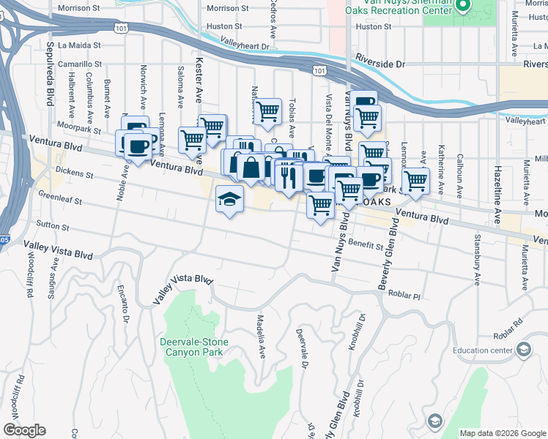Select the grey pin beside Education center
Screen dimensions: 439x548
(523, 350)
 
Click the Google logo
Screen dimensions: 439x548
(24, 430)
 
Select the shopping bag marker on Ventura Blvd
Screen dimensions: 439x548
(251, 168)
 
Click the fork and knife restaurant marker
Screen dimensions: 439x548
(288, 176)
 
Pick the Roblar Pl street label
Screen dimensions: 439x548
(405, 296)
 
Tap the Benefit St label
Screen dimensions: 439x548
(366, 245)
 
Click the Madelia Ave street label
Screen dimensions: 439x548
(260, 337)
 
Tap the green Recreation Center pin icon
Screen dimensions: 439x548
(463, 7)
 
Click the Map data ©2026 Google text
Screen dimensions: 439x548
(503, 433)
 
